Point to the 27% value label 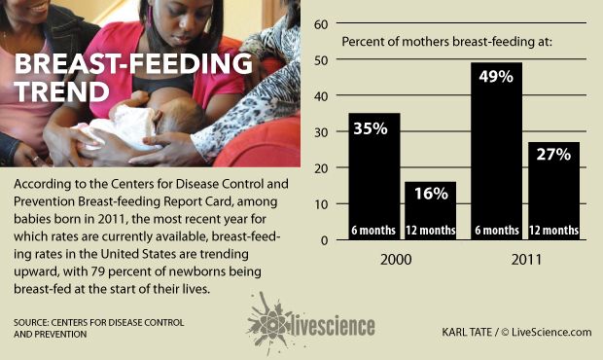click(x=553, y=157)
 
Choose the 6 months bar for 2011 click(x=496, y=156)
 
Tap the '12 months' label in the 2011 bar click(x=553, y=231)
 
